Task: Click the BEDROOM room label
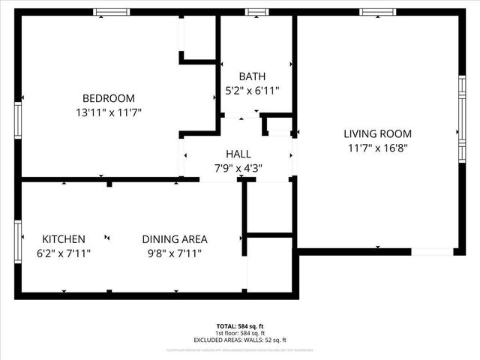[x=109, y=98]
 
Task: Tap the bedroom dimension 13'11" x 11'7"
[x=109, y=112]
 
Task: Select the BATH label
[x=252, y=76]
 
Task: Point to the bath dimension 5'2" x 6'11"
[x=253, y=91]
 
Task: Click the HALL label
[x=238, y=154]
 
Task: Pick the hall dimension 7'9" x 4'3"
[x=238, y=168]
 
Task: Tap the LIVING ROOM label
[x=377, y=133]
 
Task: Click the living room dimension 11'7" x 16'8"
[x=377, y=148]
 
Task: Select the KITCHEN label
[x=63, y=239]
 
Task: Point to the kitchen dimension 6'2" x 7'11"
[x=63, y=253]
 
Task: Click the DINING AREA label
[x=175, y=239]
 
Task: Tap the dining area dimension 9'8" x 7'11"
[x=175, y=253]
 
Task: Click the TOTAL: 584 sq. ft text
[x=240, y=326]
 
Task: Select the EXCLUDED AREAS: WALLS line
[x=240, y=340]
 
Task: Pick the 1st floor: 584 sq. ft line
[x=240, y=334]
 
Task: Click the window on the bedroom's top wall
[x=111, y=12]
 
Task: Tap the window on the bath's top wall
[x=257, y=12]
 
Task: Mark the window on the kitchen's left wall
[x=18, y=238]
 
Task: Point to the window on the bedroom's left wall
[x=18, y=120]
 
